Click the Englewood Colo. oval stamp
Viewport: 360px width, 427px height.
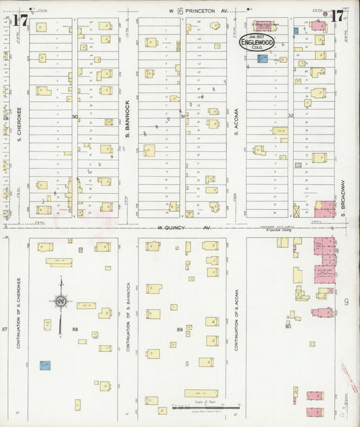[256, 41]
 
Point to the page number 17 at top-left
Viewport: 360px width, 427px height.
[20, 20]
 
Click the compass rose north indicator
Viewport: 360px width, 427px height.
[61, 302]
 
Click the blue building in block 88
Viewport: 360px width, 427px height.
[45, 366]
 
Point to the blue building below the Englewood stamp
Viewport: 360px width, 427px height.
[261, 59]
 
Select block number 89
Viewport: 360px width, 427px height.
[180, 329]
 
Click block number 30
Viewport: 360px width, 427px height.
[75, 116]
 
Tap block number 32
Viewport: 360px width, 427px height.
[291, 116]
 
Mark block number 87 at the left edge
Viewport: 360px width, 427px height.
[4, 328]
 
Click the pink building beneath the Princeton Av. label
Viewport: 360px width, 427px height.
[261, 27]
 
